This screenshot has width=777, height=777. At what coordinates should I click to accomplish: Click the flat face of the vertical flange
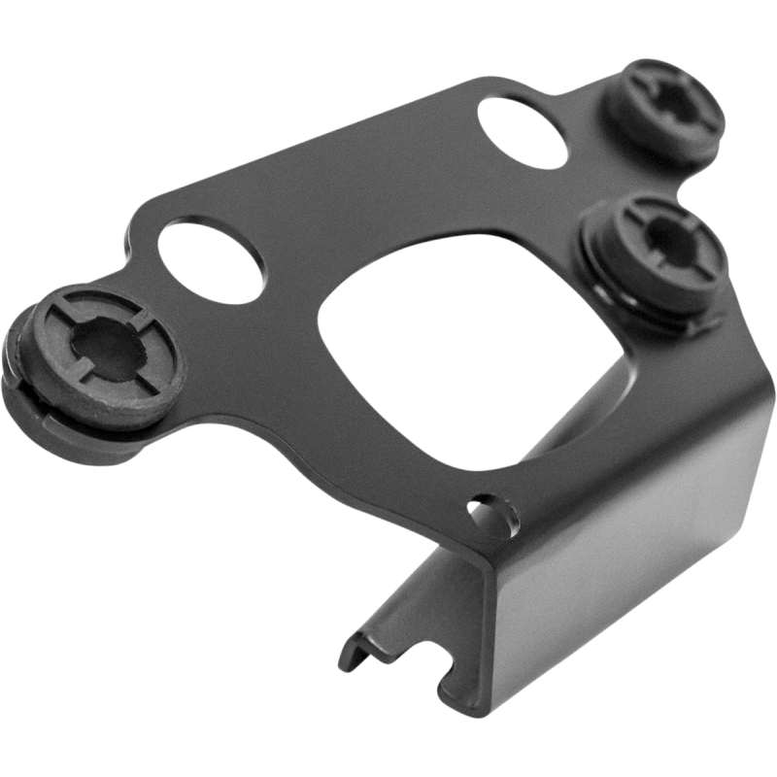622,544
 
